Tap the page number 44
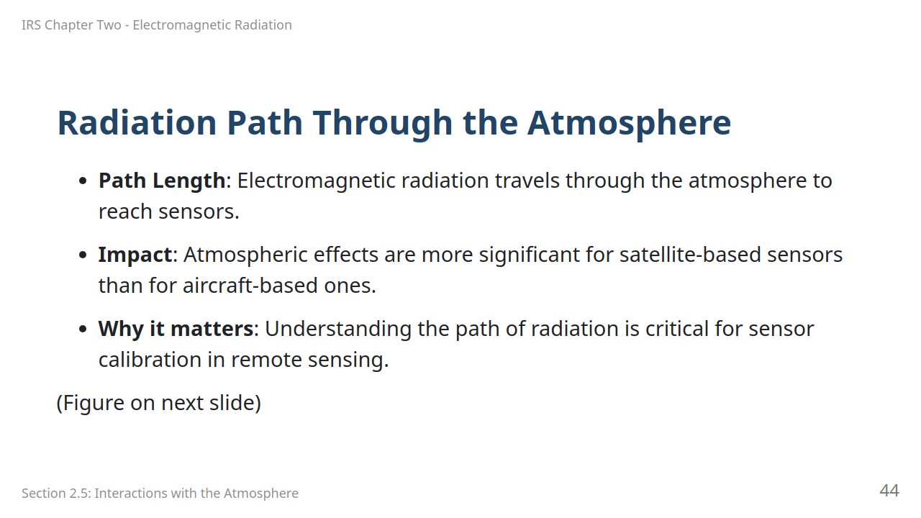pyautogui.click(x=889, y=491)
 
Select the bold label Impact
pyautogui.click(x=135, y=255)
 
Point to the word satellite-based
pyautogui.click(x=690, y=255)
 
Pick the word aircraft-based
pyautogui.click(x=250, y=286)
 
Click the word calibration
pyautogui.click(x=150, y=359)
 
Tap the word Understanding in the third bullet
pyautogui.click(x=338, y=329)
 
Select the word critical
pyautogui.click(x=677, y=329)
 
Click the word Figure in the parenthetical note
pyautogui.click(x=94, y=402)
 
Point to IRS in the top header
pyautogui.click(x=31, y=25)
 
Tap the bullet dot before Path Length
pyautogui.click(x=83, y=181)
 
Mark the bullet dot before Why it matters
pyautogui.click(x=83, y=329)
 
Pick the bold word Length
pyautogui.click(x=189, y=181)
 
